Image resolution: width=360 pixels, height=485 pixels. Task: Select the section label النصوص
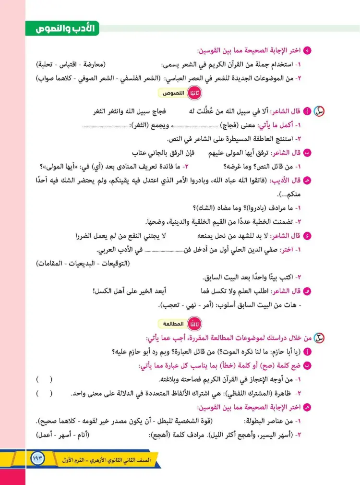175,93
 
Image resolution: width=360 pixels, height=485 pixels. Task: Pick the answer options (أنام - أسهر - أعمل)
63,435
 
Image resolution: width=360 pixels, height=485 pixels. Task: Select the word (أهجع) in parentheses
156,435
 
